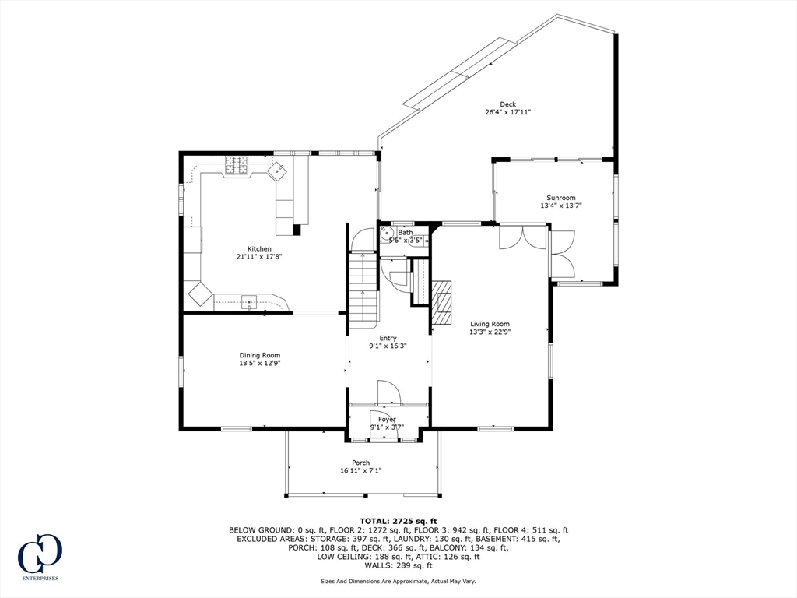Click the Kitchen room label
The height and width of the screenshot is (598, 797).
tap(259, 248)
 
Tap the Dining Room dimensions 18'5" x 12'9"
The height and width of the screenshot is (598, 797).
tap(259, 363)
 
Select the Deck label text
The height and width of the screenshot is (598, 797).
tap(507, 104)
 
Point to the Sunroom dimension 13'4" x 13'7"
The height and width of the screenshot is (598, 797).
tap(561, 206)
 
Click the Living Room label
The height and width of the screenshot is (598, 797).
tap(490, 324)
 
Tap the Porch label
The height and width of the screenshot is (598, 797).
tap(360, 463)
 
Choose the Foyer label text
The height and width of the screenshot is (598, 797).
tap(387, 419)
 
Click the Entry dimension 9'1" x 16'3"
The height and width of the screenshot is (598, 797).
tap(388, 346)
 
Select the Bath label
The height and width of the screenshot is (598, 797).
tap(406, 232)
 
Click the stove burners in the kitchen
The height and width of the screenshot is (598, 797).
tap(237, 164)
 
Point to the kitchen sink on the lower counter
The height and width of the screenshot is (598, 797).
tap(249, 301)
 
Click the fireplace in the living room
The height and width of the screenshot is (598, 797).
tap(442, 303)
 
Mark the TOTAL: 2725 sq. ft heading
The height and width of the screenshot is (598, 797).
tap(398, 521)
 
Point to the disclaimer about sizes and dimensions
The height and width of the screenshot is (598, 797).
tap(398, 581)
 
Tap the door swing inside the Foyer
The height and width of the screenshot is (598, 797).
tap(388, 392)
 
